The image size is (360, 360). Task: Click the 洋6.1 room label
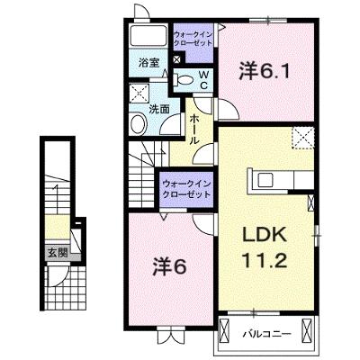point(264,71)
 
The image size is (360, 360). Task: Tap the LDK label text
point(264,236)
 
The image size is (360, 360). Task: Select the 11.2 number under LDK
point(265,260)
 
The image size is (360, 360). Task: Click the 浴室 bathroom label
point(148,63)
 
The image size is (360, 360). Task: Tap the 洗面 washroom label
point(159,109)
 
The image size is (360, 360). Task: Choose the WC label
point(203,80)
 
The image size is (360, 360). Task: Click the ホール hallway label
point(194,130)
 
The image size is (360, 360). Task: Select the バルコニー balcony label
point(266,334)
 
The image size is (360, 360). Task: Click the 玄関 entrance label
point(58,254)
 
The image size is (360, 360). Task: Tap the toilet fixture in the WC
point(184,80)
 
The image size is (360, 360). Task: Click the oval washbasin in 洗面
point(139,123)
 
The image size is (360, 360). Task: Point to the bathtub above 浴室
point(148,36)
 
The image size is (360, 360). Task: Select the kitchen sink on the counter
point(265,180)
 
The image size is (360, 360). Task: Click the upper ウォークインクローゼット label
point(193,38)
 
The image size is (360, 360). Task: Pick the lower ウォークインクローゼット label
point(186,189)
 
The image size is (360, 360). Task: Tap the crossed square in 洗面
point(139,94)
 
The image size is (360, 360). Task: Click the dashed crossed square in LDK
point(303,138)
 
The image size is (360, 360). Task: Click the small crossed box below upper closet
point(177,58)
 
